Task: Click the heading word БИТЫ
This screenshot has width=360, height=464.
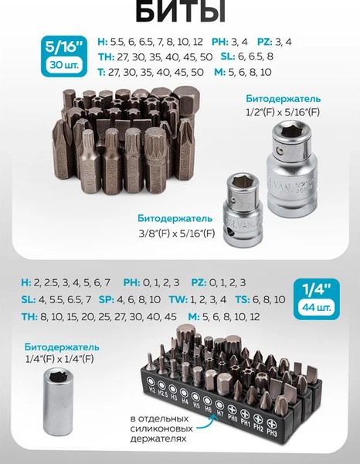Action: (x=181, y=12)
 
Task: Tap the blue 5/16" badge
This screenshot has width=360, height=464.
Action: (x=64, y=56)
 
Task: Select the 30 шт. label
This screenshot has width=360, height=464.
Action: (x=64, y=64)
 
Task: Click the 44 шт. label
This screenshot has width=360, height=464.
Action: (x=317, y=308)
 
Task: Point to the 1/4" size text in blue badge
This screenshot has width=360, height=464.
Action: (x=317, y=289)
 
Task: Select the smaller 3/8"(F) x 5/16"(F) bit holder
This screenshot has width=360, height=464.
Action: (x=243, y=210)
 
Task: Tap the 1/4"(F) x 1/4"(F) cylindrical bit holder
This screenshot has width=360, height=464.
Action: (x=58, y=401)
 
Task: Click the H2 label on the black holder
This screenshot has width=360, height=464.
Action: (x=152, y=390)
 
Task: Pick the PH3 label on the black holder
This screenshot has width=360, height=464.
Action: (x=272, y=432)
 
